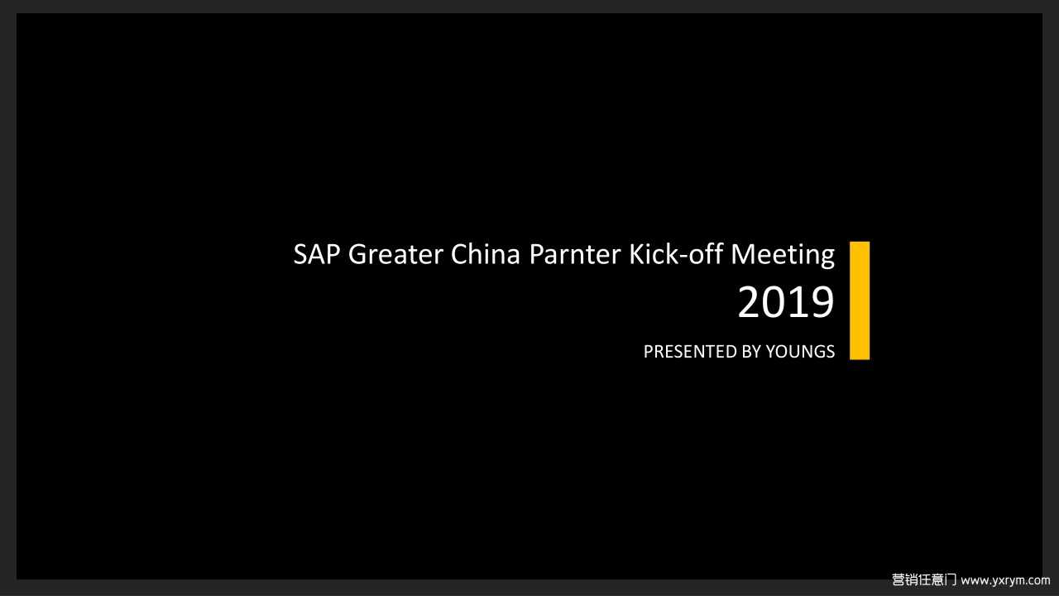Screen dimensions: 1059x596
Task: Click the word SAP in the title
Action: tap(317, 254)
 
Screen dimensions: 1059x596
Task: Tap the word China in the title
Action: tap(485, 253)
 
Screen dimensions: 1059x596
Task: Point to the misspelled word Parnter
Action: tap(574, 254)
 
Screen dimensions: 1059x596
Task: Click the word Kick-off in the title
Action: tap(676, 253)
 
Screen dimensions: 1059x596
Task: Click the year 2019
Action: tap(786, 302)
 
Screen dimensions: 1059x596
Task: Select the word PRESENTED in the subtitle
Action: tap(689, 352)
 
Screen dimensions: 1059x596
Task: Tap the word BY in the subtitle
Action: tap(750, 352)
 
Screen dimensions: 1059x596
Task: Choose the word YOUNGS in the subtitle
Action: tap(800, 352)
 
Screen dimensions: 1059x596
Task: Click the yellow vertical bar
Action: tap(860, 300)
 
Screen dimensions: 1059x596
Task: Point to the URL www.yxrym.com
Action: tap(1005, 580)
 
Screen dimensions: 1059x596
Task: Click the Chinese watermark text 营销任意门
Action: tap(924, 579)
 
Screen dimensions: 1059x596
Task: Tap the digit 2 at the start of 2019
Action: tap(749, 302)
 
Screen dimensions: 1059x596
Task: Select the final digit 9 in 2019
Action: tap(822, 302)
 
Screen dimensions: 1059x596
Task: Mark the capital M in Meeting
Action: tap(743, 254)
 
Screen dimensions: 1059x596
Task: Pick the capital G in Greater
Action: tap(358, 254)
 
